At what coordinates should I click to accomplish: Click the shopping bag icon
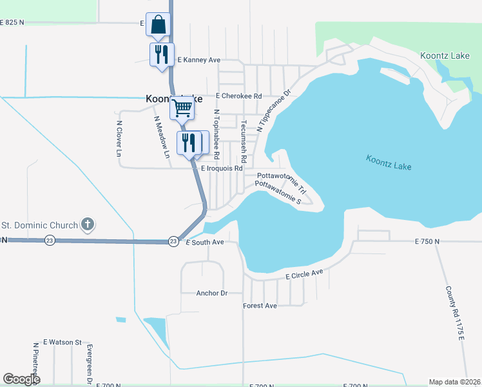tap(158, 25)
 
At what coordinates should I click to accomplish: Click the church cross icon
tap(88, 225)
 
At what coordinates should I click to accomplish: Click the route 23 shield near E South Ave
tap(173, 241)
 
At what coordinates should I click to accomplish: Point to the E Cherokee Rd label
tap(238, 96)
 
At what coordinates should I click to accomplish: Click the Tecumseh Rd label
tap(244, 140)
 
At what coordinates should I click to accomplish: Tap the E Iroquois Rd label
tap(222, 168)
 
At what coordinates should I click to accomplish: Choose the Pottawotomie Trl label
tap(280, 175)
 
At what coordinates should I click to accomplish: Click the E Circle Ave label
tap(304, 275)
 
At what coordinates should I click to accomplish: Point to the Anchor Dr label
tap(212, 293)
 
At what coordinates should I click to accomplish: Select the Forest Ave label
tap(260, 306)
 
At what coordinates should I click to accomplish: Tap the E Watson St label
tap(63, 342)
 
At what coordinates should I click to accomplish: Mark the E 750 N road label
tap(427, 241)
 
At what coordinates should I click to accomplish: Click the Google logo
tap(22, 379)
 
